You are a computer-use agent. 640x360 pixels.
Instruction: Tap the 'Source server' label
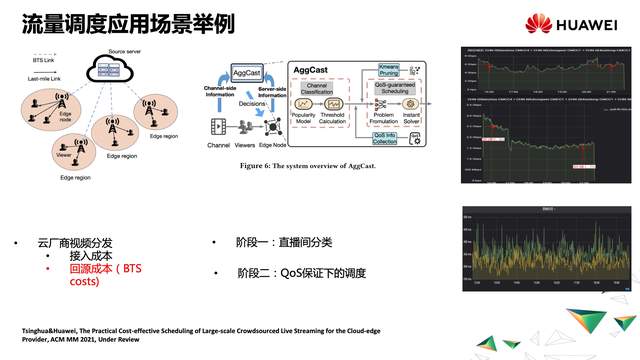coord(124,49)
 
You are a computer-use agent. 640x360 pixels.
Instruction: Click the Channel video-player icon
coord(220,126)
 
